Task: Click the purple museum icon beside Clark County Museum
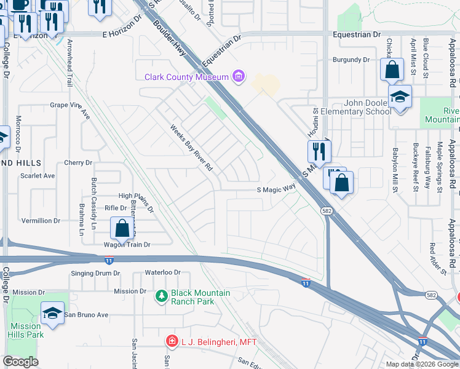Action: pyautogui.click(x=239, y=77)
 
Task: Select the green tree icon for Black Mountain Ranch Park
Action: pyautogui.click(x=162, y=297)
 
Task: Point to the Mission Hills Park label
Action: pyautogui.click(x=26, y=331)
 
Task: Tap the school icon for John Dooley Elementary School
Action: pyautogui.click(x=400, y=97)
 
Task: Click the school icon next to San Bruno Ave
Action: pyautogui.click(x=53, y=313)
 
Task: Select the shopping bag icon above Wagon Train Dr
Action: pyautogui.click(x=122, y=228)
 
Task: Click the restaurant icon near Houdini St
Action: pyautogui.click(x=319, y=150)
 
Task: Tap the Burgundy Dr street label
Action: pyautogui.click(x=351, y=60)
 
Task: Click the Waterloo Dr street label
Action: pyautogui.click(x=162, y=272)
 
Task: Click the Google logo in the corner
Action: pyautogui.click(x=20, y=362)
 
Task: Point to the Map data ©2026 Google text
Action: pyautogui.click(x=421, y=364)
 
